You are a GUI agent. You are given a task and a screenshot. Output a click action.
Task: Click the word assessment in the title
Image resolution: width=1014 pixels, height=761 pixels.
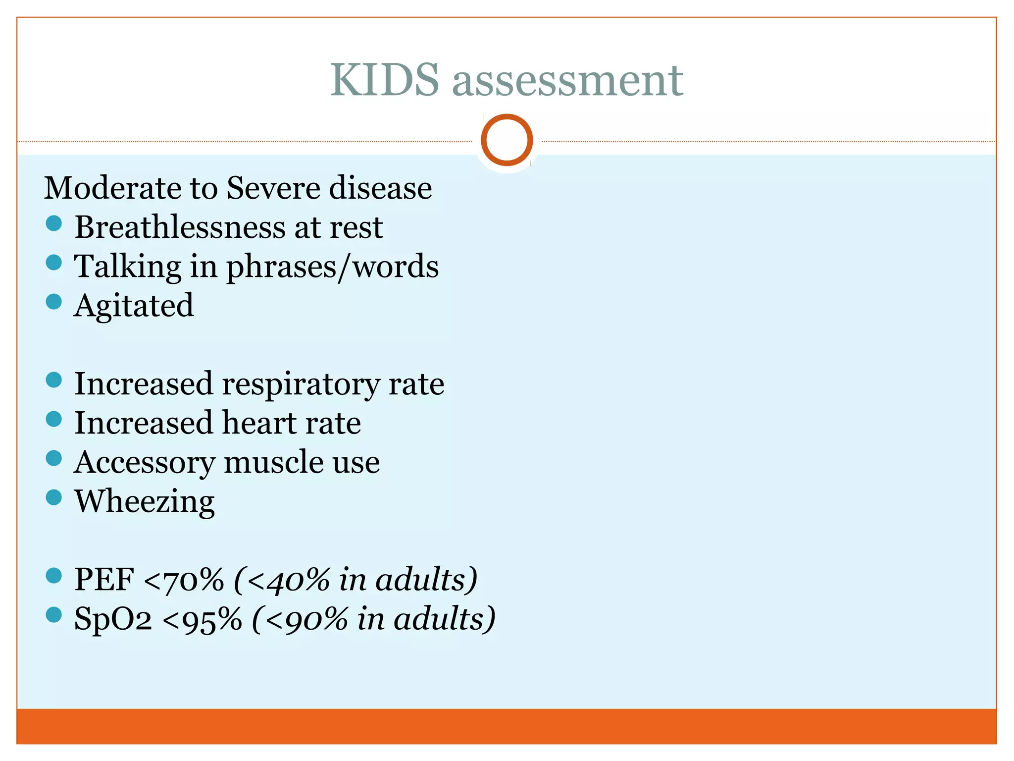pyautogui.click(x=567, y=81)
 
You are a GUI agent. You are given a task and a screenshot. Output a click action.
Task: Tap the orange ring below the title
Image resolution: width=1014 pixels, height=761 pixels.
pyautogui.click(x=507, y=140)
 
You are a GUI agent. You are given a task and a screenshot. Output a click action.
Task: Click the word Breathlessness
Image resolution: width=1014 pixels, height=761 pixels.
pyautogui.click(x=180, y=227)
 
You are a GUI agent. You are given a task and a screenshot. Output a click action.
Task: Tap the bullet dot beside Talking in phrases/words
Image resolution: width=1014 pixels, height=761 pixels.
pyautogui.click(x=53, y=263)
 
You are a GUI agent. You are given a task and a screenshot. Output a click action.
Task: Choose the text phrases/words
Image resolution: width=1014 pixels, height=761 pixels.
pyautogui.click(x=332, y=267)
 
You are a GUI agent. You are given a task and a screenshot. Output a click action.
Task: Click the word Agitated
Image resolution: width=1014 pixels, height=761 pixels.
pyautogui.click(x=134, y=306)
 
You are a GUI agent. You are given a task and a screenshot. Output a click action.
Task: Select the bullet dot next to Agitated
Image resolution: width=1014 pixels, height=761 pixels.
pyautogui.click(x=53, y=302)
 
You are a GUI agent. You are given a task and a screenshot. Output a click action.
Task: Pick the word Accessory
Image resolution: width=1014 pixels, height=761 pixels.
pyautogui.click(x=144, y=463)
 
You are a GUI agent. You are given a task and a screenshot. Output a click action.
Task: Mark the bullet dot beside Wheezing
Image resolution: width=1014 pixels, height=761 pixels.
pyautogui.click(x=53, y=497)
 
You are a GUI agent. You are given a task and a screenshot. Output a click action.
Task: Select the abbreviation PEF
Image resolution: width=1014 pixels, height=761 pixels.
pyautogui.click(x=104, y=579)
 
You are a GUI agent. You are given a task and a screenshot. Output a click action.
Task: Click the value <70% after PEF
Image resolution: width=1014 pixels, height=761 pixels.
pyautogui.click(x=184, y=580)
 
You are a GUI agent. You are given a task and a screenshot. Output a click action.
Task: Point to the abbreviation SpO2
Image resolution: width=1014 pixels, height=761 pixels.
pyautogui.click(x=113, y=619)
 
